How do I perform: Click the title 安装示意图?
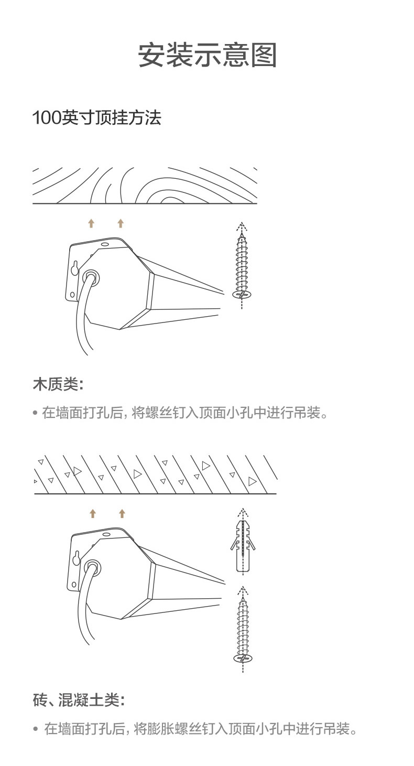click(207, 55)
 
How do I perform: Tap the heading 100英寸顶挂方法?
click(97, 117)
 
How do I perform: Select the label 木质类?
click(58, 384)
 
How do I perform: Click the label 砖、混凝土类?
click(79, 699)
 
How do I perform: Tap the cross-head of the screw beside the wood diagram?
click(242, 294)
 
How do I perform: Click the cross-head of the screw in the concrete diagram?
click(243, 658)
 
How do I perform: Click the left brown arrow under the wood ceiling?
click(91, 223)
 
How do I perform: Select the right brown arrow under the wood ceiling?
click(121, 223)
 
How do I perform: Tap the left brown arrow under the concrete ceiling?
click(93, 513)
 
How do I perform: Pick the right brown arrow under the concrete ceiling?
click(122, 513)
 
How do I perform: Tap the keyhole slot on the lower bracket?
click(77, 558)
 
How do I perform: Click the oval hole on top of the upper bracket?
click(105, 244)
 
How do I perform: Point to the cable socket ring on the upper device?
click(91, 277)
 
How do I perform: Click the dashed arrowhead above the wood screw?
click(242, 225)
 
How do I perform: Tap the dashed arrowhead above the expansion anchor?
click(243, 512)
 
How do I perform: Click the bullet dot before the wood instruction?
click(35, 413)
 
